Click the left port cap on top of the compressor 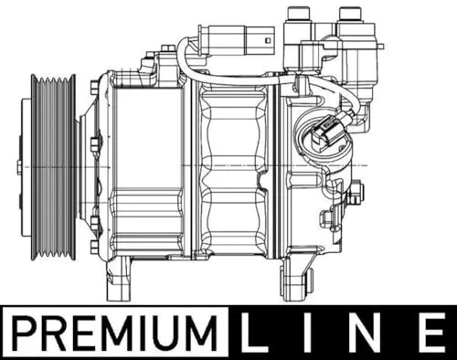(x=297, y=16)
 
